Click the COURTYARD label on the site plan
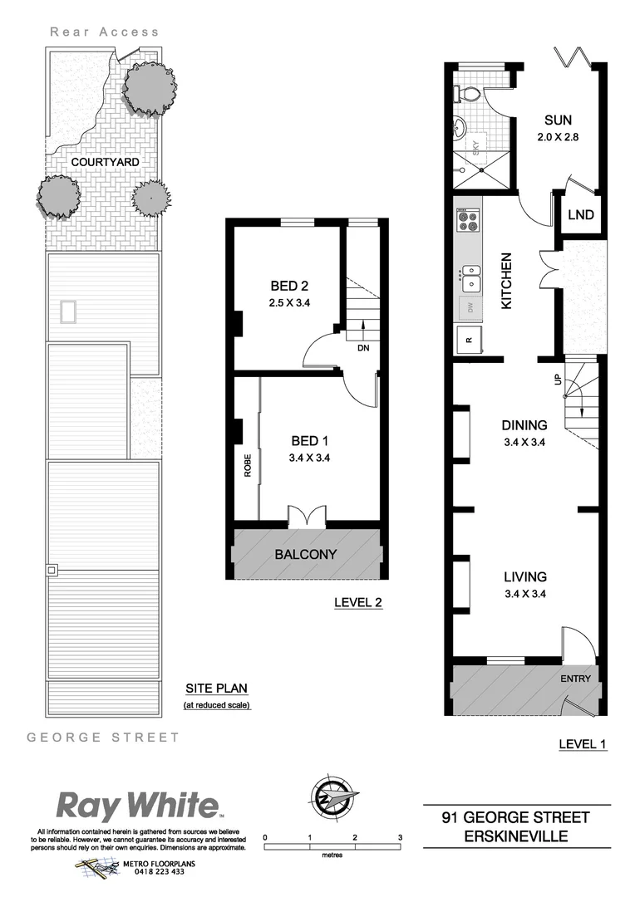click(104, 161)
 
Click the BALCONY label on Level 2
click(305, 554)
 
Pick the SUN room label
click(558, 120)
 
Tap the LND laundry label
click(581, 215)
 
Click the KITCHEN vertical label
click(505, 281)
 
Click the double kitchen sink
click(470, 277)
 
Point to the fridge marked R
click(467, 339)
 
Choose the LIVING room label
click(525, 576)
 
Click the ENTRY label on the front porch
click(575, 679)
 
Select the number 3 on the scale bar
click(400, 837)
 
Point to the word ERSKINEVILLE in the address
click(516, 836)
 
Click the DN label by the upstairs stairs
click(362, 349)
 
